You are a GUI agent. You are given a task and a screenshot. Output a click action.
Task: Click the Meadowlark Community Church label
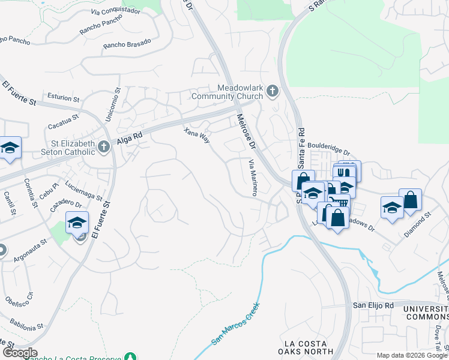(x=228, y=92)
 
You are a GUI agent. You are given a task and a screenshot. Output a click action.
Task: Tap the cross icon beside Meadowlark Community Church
(x=273, y=92)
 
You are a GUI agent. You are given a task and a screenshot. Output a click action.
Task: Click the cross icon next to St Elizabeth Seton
(x=104, y=146)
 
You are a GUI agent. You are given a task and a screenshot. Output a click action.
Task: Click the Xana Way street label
(x=197, y=134)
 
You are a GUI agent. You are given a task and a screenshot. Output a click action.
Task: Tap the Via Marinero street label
(x=253, y=178)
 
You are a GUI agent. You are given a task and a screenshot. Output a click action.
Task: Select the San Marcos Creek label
(x=235, y=323)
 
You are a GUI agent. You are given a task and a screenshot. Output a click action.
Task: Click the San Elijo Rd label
(x=372, y=305)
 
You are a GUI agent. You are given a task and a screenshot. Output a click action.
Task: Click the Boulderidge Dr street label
(x=327, y=146)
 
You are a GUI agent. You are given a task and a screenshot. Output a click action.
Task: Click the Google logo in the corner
(x=19, y=353)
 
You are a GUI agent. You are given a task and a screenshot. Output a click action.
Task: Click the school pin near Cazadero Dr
(x=77, y=223)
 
